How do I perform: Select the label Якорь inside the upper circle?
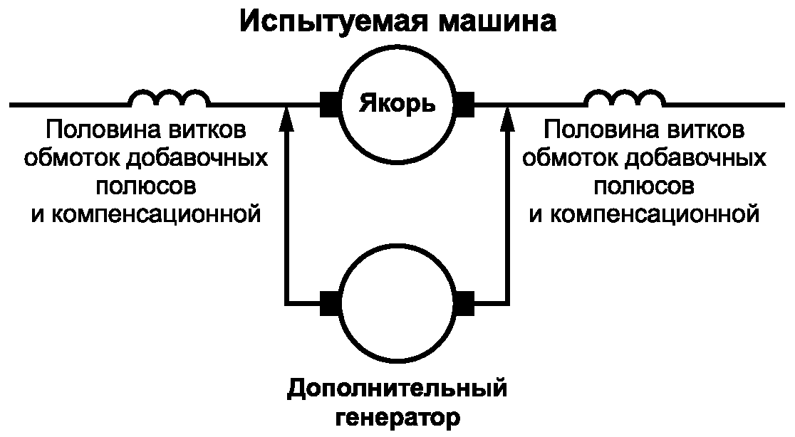click(397, 105)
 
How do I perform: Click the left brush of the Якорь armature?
click(330, 105)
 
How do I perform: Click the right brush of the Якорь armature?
click(465, 105)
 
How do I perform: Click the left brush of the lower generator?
click(330, 304)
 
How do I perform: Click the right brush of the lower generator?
click(465, 304)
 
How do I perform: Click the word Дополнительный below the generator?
click(397, 389)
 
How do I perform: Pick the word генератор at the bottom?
click(397, 418)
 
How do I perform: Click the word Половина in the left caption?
click(100, 130)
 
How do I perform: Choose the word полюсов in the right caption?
click(644, 187)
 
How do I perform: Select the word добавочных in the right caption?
click(695, 159)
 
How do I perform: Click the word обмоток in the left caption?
click(71, 159)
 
